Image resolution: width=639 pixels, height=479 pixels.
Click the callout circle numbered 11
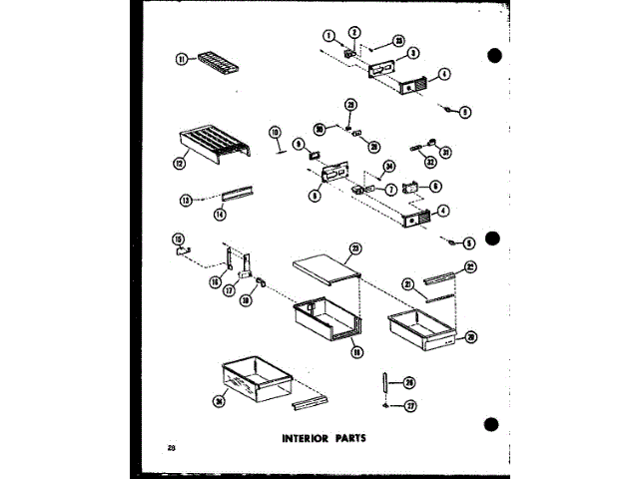click(x=183, y=60)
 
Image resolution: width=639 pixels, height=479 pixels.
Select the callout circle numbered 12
click(x=181, y=163)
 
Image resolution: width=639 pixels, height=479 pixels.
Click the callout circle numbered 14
click(x=219, y=214)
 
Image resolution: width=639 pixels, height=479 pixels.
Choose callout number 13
click(x=184, y=199)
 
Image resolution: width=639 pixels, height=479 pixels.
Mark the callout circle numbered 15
click(x=178, y=239)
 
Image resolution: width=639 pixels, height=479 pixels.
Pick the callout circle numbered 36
click(x=221, y=401)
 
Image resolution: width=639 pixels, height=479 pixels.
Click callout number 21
click(x=406, y=284)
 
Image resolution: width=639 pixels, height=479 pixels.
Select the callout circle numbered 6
click(x=434, y=186)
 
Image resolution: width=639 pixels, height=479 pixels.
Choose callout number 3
click(x=413, y=52)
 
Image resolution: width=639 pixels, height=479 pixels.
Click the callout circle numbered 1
click(x=326, y=37)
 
